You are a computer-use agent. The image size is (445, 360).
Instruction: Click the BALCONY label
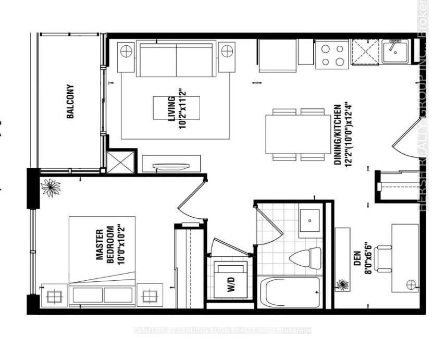point(70,102)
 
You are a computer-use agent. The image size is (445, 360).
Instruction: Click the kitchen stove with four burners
point(332,55)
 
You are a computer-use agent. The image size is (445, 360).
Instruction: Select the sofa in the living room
point(176,55)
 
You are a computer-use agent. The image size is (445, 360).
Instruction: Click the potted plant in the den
point(342,284)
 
